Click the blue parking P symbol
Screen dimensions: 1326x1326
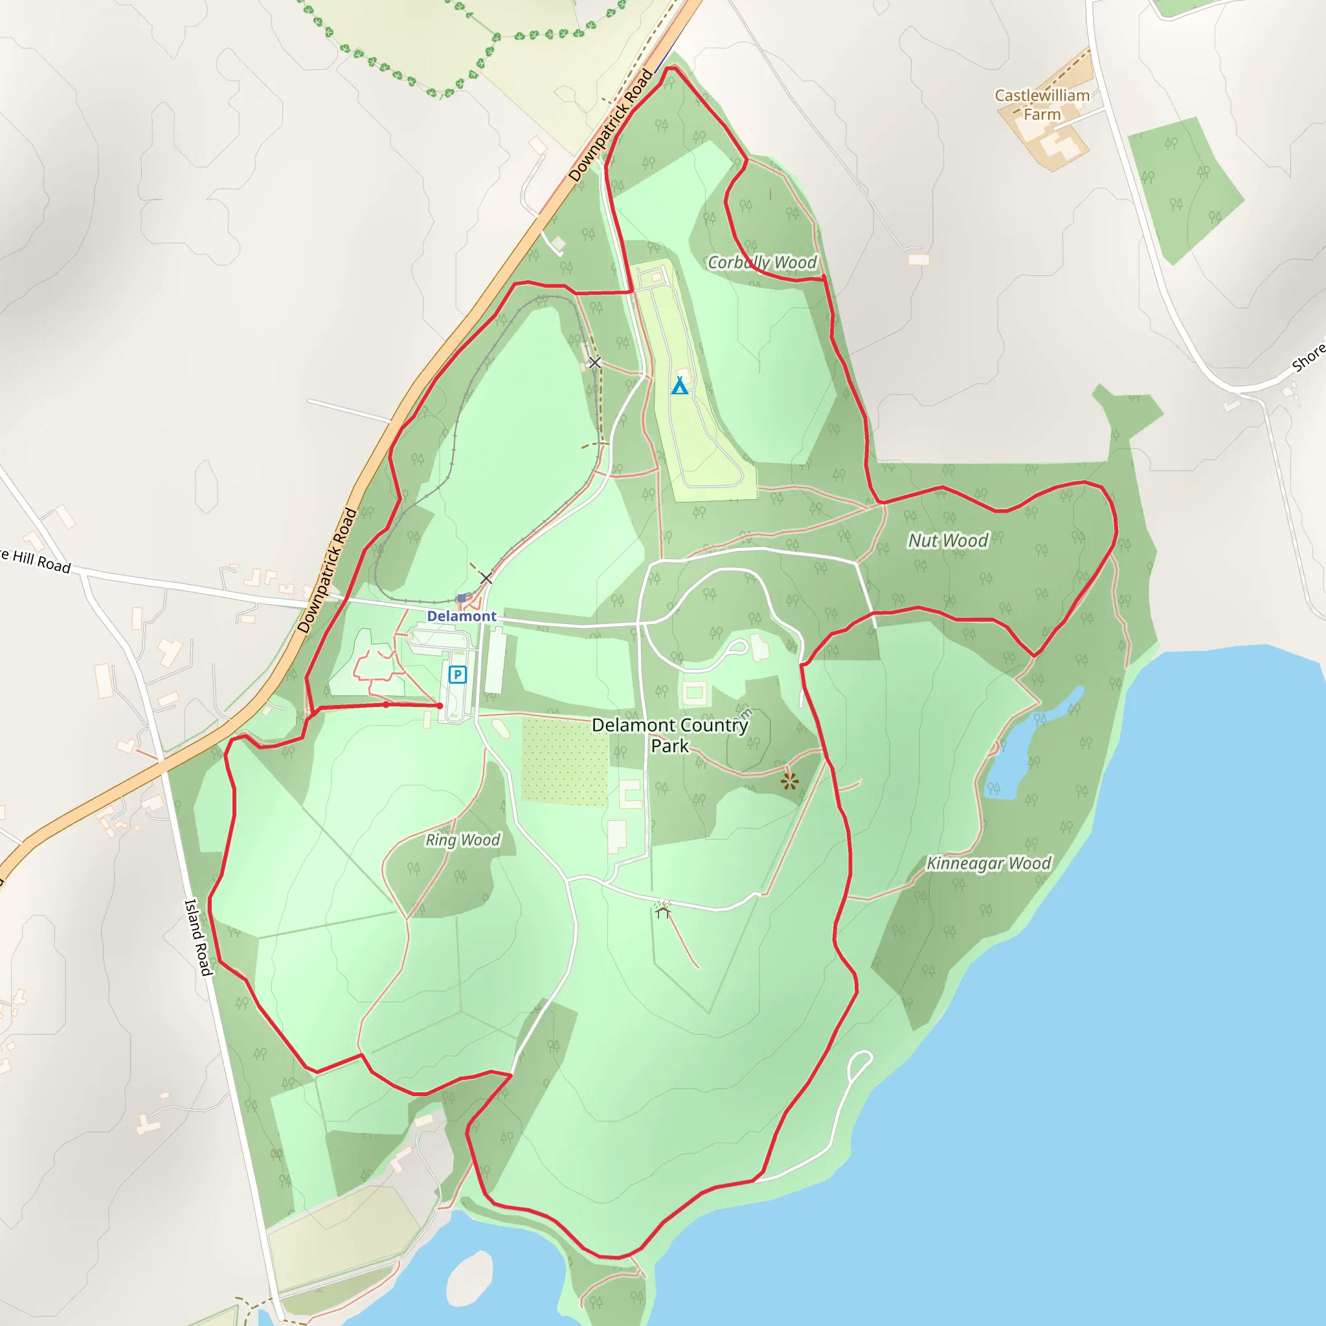(458, 675)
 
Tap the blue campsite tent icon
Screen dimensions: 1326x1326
(679, 387)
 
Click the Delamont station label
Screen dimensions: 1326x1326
(461, 616)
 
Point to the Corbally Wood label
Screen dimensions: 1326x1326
(762, 263)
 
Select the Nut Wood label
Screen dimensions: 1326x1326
(948, 541)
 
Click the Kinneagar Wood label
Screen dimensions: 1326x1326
(988, 864)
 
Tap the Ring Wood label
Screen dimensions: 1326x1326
(462, 840)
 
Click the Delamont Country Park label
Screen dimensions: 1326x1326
(670, 735)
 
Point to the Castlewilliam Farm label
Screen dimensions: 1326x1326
(1042, 105)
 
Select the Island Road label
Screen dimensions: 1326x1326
(198, 937)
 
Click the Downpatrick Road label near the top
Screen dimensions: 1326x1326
(610, 126)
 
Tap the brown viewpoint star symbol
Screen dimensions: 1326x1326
(789, 780)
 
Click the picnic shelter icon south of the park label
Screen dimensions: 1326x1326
(662, 910)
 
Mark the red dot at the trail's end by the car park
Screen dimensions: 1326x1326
(440, 706)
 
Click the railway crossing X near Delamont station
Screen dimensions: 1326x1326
(486, 578)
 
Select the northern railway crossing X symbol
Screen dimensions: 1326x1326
(594, 363)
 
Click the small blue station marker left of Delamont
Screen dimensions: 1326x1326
(462, 598)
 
